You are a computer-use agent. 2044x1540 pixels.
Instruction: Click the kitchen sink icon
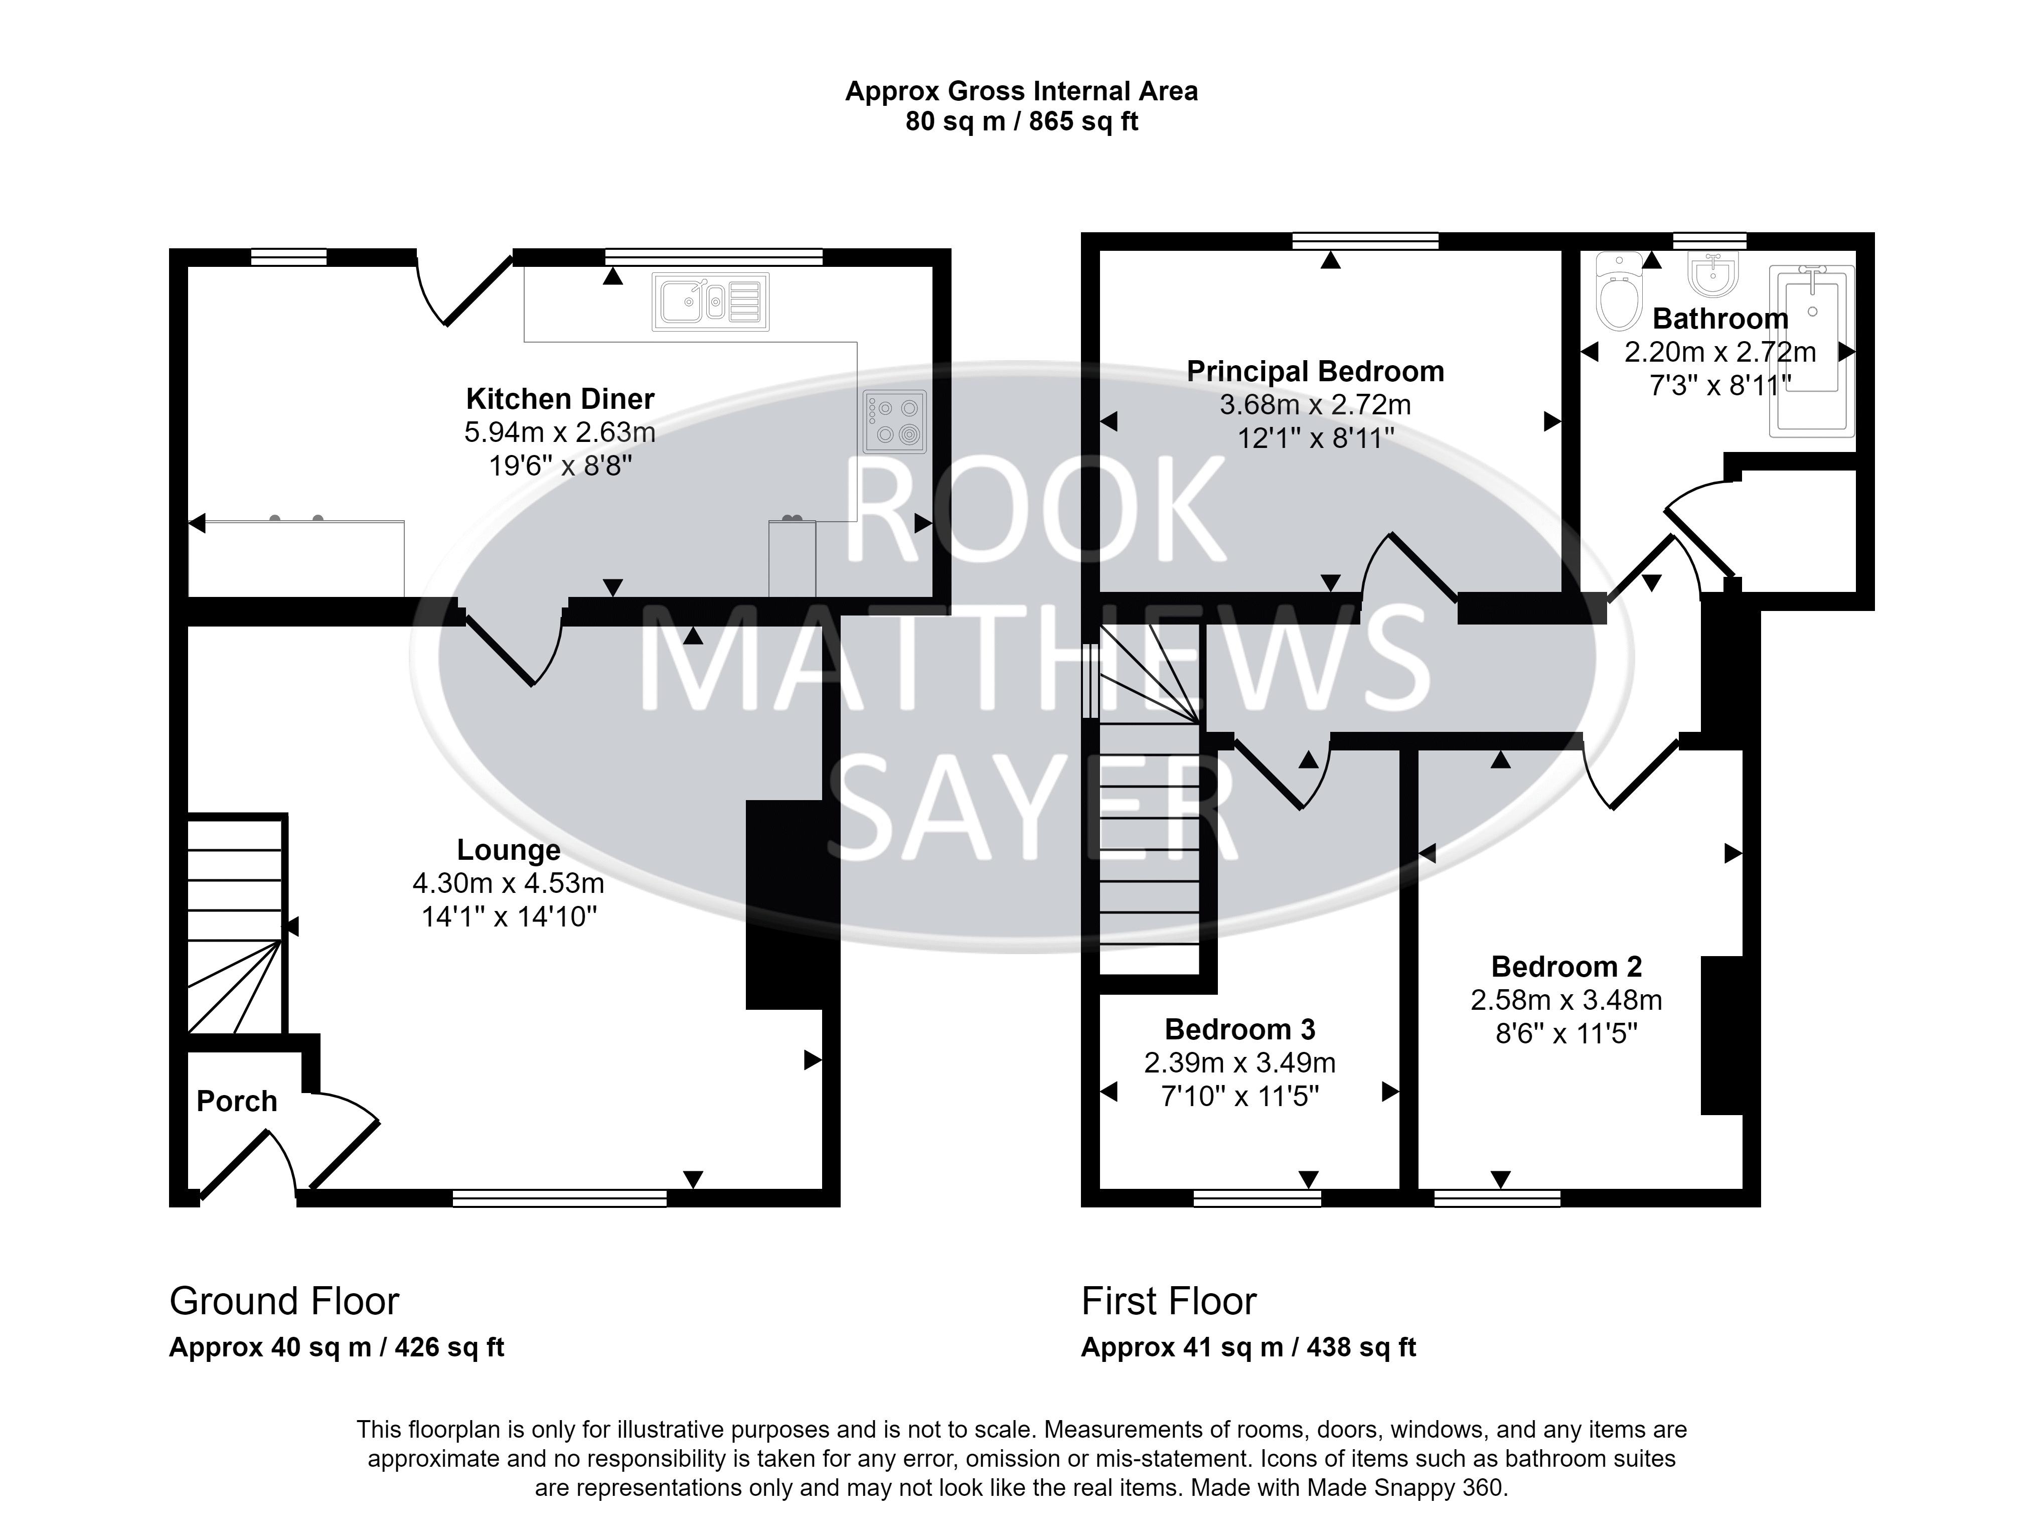[x=710, y=301]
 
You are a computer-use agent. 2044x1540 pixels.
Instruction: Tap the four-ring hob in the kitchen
[x=894, y=421]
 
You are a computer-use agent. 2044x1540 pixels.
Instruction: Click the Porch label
[x=237, y=1101]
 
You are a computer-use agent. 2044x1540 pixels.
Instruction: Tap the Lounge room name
[x=508, y=849]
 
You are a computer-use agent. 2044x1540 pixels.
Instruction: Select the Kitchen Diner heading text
[x=560, y=398]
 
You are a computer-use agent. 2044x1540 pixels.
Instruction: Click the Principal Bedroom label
[x=1315, y=371]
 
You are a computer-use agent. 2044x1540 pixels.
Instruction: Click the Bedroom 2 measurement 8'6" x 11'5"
[x=1566, y=1032]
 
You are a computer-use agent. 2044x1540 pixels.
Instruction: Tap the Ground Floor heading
[x=284, y=1301]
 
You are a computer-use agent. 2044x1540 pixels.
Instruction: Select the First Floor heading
[x=1168, y=1301]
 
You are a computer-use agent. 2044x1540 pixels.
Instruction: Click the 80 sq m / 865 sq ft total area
[x=1021, y=121]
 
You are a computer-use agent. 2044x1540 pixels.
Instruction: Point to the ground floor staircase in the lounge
[x=236, y=925]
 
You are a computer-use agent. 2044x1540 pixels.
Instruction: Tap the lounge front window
[x=559, y=1198]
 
